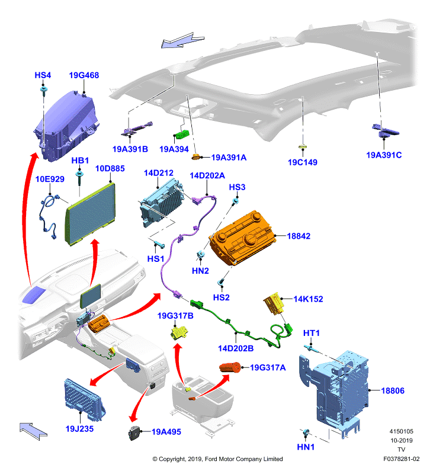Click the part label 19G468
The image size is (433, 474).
[84, 75]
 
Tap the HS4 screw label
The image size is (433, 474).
[43, 75]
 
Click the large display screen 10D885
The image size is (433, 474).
[90, 213]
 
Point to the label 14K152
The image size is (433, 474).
[308, 299]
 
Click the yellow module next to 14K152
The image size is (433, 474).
[274, 303]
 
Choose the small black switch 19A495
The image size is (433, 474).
[134, 433]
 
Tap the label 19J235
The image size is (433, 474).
[79, 428]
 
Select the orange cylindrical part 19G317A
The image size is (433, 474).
[230, 367]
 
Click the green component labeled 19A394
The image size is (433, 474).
[181, 134]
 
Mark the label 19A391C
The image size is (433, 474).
[384, 155]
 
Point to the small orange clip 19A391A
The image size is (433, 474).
[197, 157]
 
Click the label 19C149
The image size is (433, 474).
[303, 162]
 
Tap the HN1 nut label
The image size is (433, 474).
[306, 447]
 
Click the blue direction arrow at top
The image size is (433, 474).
[182, 40]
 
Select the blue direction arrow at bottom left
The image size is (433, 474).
[33, 431]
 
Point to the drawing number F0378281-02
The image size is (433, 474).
[401, 459]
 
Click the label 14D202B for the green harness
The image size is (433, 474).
[236, 348]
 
